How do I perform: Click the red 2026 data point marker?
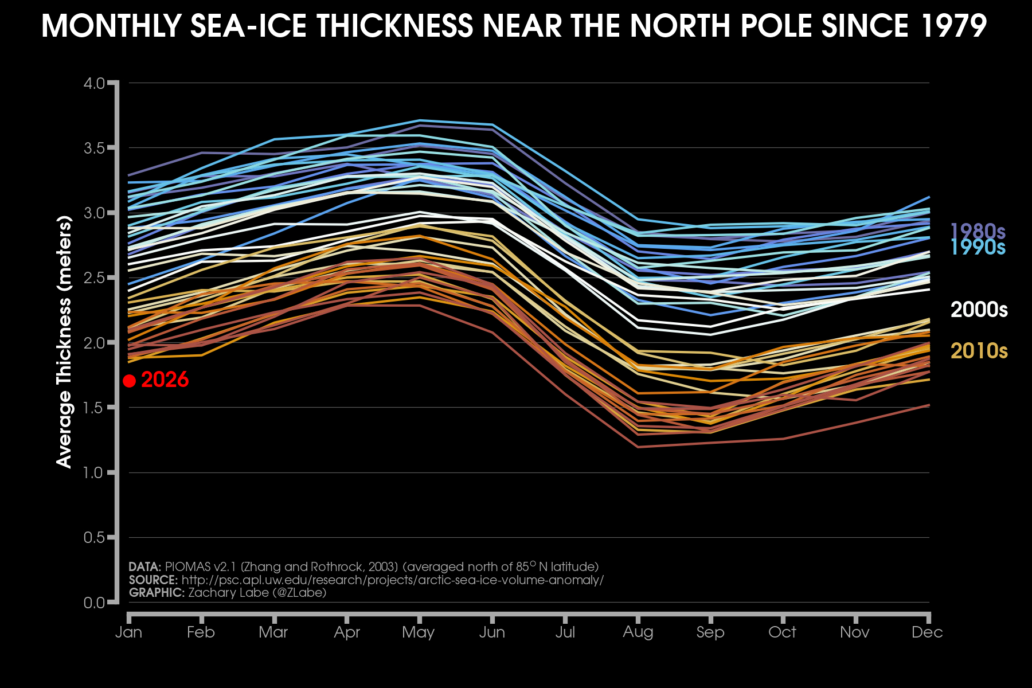click(130, 381)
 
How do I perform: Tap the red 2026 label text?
click(165, 380)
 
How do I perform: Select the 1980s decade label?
click(978, 231)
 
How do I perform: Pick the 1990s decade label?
click(978, 247)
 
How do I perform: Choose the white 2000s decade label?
click(979, 310)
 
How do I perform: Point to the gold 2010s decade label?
click(979, 351)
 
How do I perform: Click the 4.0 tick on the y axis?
click(95, 83)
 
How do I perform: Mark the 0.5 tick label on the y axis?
click(95, 538)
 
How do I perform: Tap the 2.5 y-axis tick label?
click(95, 278)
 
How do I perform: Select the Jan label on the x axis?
click(129, 632)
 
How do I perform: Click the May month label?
click(419, 632)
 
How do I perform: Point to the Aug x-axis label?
click(638, 632)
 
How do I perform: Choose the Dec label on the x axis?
click(927, 632)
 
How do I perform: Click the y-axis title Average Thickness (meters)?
click(64, 342)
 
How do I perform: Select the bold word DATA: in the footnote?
click(144, 567)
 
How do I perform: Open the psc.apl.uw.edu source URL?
click(392, 580)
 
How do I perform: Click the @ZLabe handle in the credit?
click(299, 593)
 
